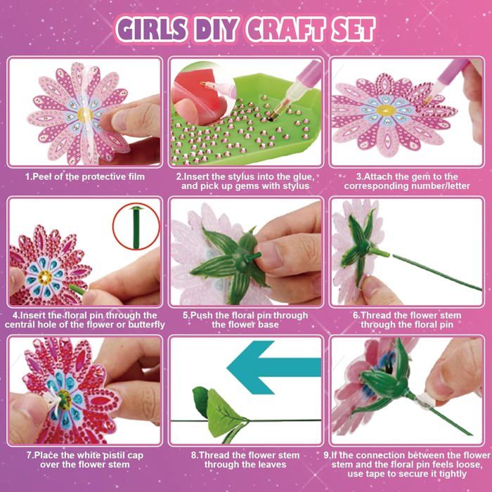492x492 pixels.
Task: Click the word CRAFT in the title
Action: click(x=285, y=30)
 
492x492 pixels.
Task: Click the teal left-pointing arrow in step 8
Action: click(x=274, y=368)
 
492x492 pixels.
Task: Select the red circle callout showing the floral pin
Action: click(x=136, y=226)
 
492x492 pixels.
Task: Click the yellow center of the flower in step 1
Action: click(x=84, y=115)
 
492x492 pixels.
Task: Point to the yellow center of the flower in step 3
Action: click(x=386, y=110)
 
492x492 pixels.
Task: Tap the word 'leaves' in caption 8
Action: click(x=273, y=465)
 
